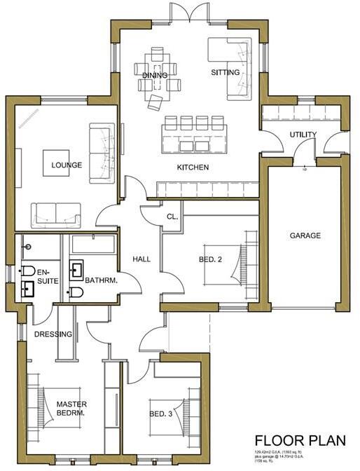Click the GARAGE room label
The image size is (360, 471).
305,236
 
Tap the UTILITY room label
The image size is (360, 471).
303,135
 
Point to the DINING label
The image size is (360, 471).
154,74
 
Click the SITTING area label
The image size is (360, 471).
225,72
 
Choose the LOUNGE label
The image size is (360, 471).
67,166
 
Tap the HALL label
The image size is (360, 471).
141,259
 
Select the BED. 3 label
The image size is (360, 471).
162,414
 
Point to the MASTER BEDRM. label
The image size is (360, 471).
71,409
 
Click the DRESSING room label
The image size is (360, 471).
53,334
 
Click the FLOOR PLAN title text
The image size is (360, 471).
301,442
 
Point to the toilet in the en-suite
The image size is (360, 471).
28,271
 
